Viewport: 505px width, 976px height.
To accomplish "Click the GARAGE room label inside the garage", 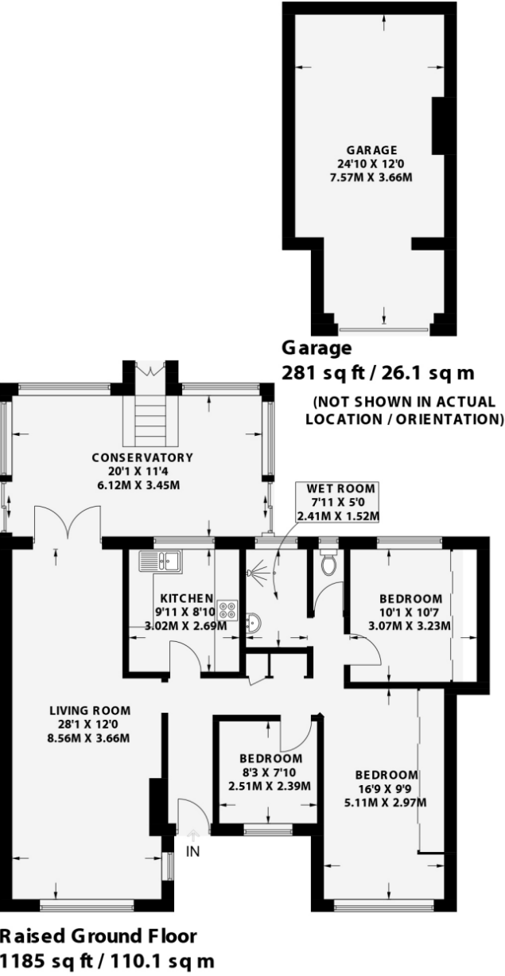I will point(371,150).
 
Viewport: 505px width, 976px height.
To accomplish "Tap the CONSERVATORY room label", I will point(142,457).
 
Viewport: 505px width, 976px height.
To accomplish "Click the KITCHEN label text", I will point(185,598).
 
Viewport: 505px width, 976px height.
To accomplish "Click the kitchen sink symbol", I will point(160,560).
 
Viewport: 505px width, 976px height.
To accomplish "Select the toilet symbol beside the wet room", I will point(327,563).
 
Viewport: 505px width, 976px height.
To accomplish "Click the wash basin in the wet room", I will point(252,624).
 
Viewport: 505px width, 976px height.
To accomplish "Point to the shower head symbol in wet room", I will point(253,571).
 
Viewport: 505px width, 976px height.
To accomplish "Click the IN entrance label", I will point(192,852).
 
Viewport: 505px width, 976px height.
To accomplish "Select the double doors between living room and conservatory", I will point(68,525).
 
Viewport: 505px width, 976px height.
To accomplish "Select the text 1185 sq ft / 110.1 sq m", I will point(107,960).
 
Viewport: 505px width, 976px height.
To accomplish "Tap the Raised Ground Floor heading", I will point(98,935).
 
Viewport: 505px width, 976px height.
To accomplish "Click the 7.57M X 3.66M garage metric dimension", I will point(371,177).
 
